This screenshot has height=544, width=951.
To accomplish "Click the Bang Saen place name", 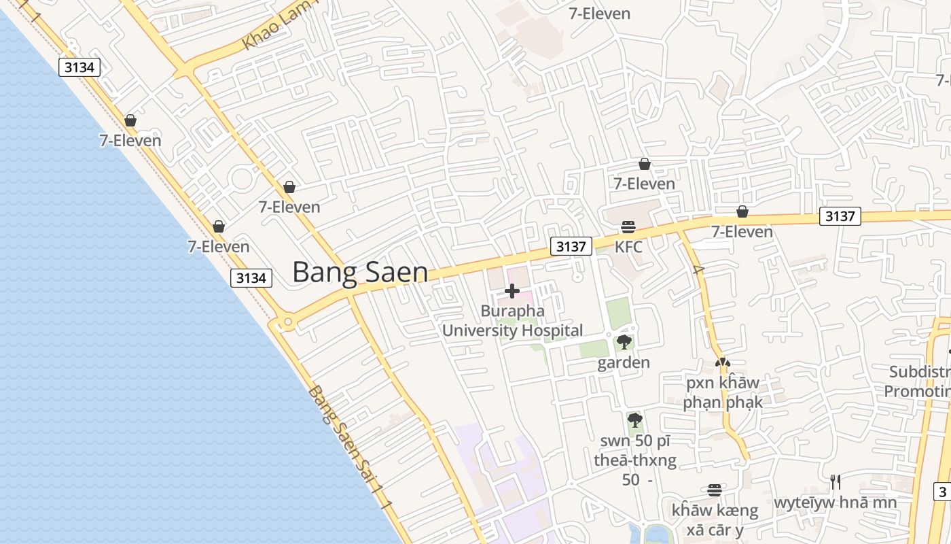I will pyautogui.click(x=360, y=272).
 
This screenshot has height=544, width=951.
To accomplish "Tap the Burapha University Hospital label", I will pyautogui.click(x=512, y=321).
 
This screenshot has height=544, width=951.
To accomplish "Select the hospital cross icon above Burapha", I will pyautogui.click(x=512, y=292).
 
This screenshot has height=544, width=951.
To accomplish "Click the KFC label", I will pyautogui.click(x=628, y=247).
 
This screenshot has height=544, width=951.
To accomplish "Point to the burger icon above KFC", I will pyautogui.click(x=628, y=226).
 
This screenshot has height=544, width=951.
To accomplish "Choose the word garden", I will pyautogui.click(x=624, y=362).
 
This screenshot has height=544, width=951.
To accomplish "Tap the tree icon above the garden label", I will pyautogui.click(x=624, y=342).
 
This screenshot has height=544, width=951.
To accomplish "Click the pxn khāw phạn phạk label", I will pyautogui.click(x=722, y=392).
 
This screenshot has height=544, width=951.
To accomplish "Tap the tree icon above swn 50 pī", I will pyautogui.click(x=635, y=420).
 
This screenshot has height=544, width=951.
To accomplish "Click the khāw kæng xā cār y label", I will pyautogui.click(x=715, y=520).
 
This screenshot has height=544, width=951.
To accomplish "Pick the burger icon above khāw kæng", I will pyautogui.click(x=714, y=490).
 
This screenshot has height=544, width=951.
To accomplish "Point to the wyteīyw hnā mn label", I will pyautogui.click(x=836, y=503).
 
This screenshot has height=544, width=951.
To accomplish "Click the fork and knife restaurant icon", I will pyautogui.click(x=836, y=482).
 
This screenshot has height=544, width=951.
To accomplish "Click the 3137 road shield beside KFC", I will pyautogui.click(x=571, y=246).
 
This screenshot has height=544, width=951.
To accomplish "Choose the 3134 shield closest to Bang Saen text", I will pyautogui.click(x=251, y=277).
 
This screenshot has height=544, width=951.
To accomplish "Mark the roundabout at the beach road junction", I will pyautogui.click(x=287, y=321).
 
